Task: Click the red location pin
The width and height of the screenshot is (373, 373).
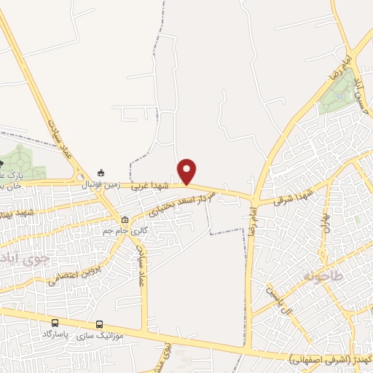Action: point(187,170)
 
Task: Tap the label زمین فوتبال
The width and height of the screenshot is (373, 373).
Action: point(100,185)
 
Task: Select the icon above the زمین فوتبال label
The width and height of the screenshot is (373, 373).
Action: point(101,173)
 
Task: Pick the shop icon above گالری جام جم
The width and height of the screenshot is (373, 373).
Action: point(125,219)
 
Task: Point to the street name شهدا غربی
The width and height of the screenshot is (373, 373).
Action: point(151,186)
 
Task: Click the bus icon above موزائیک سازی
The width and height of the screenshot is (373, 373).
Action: point(100,325)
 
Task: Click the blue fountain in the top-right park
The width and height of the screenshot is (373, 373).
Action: point(340,95)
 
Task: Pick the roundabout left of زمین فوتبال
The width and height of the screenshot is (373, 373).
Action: point(79,177)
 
